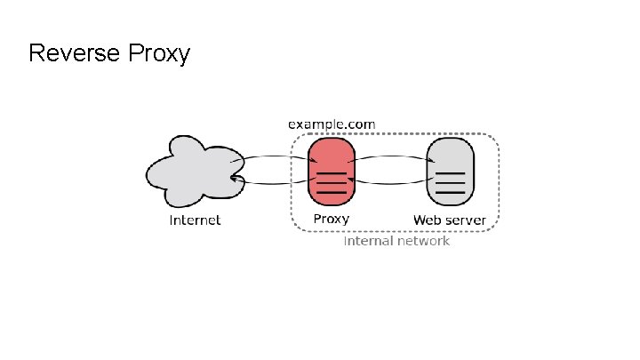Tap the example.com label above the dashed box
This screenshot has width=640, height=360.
tap(332, 124)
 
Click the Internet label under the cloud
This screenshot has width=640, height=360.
tap(196, 220)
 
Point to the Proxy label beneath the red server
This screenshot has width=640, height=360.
tap(331, 219)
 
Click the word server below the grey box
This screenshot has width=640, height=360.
tap(466, 220)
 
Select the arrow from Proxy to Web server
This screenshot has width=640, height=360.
tap(391, 157)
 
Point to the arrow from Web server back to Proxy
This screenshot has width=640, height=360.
tap(391, 183)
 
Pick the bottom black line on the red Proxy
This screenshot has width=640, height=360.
tap(332, 191)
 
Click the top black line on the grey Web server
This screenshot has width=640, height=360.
tap(451, 172)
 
